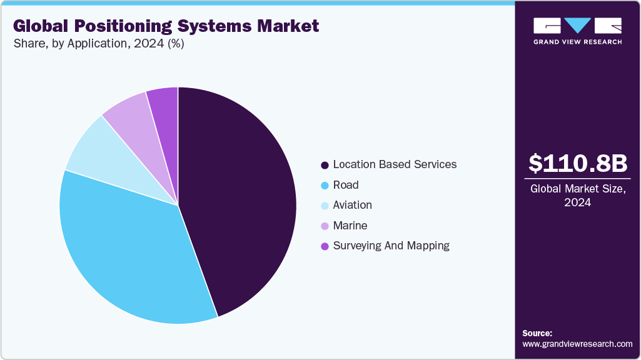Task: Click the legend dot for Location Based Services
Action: pyautogui.click(x=325, y=165)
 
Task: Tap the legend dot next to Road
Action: pyautogui.click(x=325, y=186)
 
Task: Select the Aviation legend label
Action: pyautogui.click(x=352, y=205)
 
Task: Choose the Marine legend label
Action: pyautogui.click(x=350, y=226)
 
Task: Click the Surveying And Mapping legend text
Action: pyautogui.click(x=391, y=246)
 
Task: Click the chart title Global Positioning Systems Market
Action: pyautogui.click(x=166, y=26)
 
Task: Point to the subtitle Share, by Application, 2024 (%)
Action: pyautogui.click(x=98, y=44)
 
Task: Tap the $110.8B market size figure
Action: pyautogui.click(x=577, y=164)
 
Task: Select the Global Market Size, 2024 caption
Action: pyautogui.click(x=577, y=195)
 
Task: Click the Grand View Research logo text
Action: pyautogui.click(x=577, y=42)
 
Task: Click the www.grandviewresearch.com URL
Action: pyautogui.click(x=577, y=344)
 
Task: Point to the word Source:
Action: pyautogui.click(x=537, y=333)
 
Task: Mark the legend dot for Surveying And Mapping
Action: pyautogui.click(x=325, y=246)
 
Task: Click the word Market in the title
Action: pyautogui.click(x=288, y=26)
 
